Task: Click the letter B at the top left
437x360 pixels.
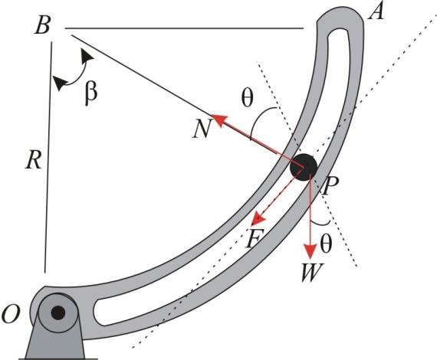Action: coord(43,28)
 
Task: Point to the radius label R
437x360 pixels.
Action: coord(32,160)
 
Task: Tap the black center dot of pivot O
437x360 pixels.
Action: coord(58,312)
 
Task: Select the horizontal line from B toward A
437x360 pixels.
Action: coord(184,30)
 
